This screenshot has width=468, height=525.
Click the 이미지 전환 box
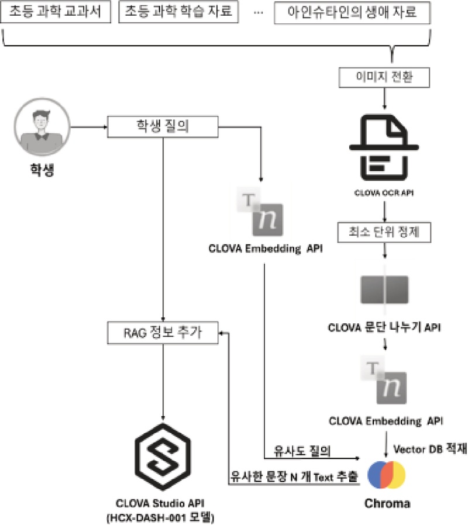(x=384, y=75)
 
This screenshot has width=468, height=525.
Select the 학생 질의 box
(x=163, y=125)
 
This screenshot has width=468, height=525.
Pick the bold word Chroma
(x=387, y=503)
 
